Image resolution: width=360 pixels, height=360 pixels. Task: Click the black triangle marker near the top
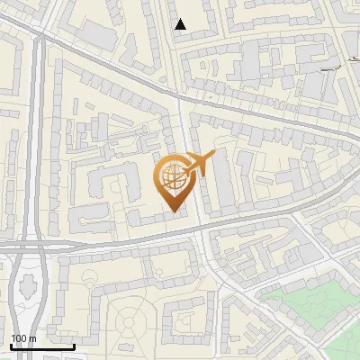(x=181, y=24)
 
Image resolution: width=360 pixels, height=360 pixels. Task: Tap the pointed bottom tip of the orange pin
(x=174, y=211)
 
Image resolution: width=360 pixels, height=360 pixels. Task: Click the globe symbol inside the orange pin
(x=173, y=177)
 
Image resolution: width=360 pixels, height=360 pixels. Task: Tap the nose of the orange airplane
(x=213, y=157)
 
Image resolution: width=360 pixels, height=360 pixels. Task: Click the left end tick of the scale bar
(x=11, y=346)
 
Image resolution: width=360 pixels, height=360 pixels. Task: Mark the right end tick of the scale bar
(x=75, y=346)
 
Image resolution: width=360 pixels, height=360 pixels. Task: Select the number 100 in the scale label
(x=19, y=338)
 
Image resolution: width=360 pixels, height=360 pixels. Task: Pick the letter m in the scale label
(x=31, y=338)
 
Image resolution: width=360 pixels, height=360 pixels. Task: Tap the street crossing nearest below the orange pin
(x=200, y=229)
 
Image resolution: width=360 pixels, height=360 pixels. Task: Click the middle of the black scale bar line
(x=42, y=346)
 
